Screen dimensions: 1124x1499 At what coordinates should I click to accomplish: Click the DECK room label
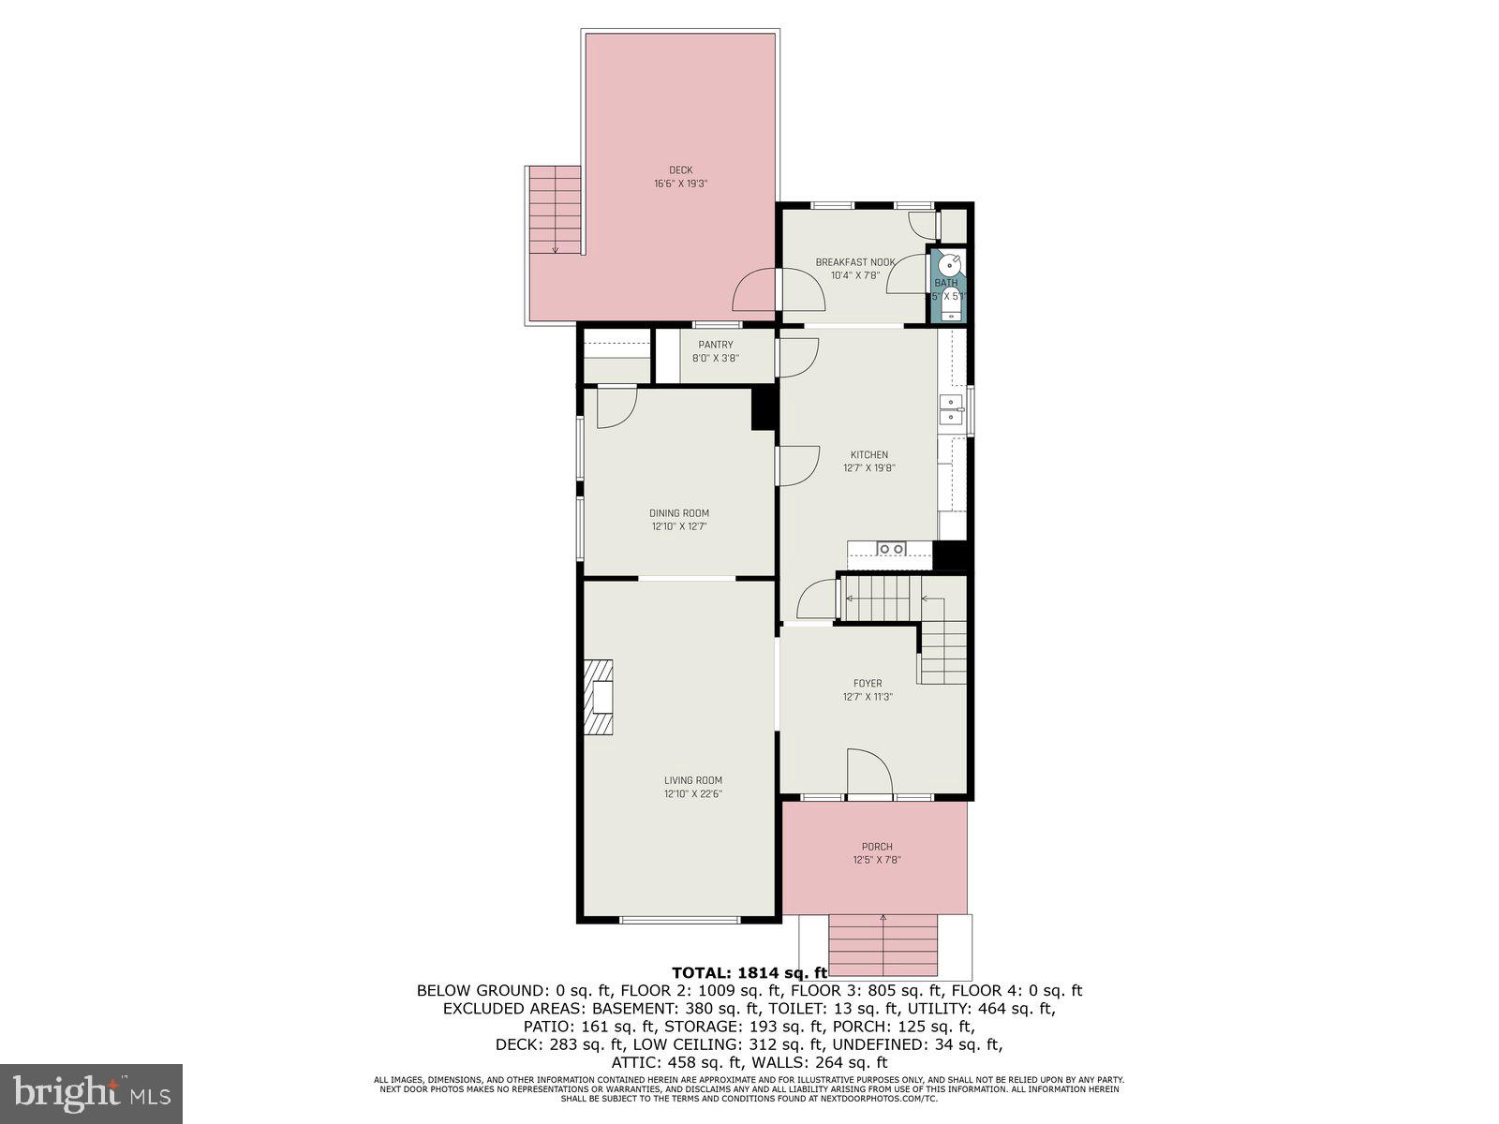pos(680,170)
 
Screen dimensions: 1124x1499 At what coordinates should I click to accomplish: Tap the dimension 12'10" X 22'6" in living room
pos(693,794)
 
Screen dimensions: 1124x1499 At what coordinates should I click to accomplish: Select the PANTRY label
pos(716,345)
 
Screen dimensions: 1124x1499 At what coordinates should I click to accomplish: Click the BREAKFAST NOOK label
pos(854,262)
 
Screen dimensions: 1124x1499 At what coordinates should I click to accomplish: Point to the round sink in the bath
pos(950,263)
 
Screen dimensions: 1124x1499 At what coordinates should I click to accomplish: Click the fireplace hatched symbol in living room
pos(599,699)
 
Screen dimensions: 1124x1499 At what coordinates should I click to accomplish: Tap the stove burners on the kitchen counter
pos(891,549)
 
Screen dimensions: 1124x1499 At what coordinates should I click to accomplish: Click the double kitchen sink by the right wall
pos(952,409)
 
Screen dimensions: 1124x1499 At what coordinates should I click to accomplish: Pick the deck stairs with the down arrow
pos(556,211)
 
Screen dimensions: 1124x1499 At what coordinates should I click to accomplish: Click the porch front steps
pos(883,946)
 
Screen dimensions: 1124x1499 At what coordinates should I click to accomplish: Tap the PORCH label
pos(877,847)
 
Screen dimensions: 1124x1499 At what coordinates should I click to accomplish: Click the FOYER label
pos(868,684)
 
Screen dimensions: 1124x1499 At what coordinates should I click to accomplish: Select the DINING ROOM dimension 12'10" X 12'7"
pos(679,526)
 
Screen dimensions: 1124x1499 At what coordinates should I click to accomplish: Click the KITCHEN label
pos(869,454)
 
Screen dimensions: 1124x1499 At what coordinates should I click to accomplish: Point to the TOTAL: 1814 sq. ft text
pos(749,972)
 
